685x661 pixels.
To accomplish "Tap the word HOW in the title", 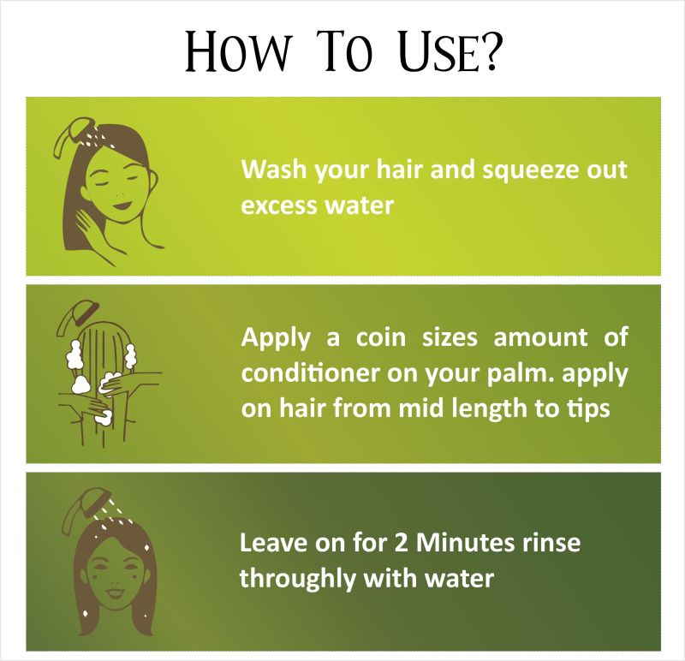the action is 236,51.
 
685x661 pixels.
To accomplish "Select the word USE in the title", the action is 438,51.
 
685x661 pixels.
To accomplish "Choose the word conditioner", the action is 311,373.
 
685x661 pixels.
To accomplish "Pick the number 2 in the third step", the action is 401,543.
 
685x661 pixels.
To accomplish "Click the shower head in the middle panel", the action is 77,317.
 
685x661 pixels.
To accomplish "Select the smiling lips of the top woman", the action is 122,205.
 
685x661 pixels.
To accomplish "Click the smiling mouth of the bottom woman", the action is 115,593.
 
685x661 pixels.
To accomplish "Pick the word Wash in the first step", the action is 274,169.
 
